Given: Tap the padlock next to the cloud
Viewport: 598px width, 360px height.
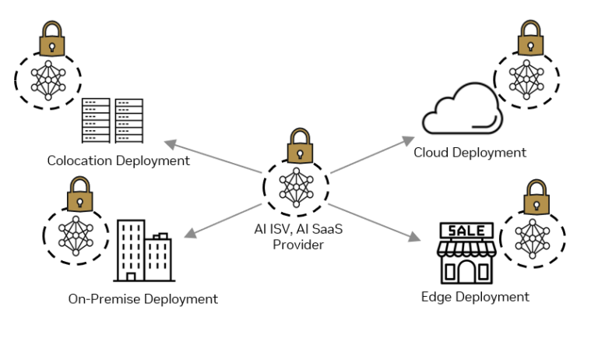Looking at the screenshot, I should (x=529, y=37).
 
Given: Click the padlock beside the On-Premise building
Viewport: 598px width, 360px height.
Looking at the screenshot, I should (x=79, y=195).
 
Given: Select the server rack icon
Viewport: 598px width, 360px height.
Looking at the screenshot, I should (x=112, y=120).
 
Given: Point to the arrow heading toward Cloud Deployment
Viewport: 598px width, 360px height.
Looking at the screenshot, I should (x=371, y=154).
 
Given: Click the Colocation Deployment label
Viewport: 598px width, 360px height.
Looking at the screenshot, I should (x=118, y=161).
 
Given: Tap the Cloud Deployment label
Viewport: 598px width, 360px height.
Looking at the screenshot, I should (x=470, y=152).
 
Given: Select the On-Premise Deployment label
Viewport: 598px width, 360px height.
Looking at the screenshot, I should (x=142, y=298).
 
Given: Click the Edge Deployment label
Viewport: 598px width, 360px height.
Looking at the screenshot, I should (x=475, y=296).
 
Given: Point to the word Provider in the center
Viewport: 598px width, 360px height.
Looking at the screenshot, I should (x=297, y=245).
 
